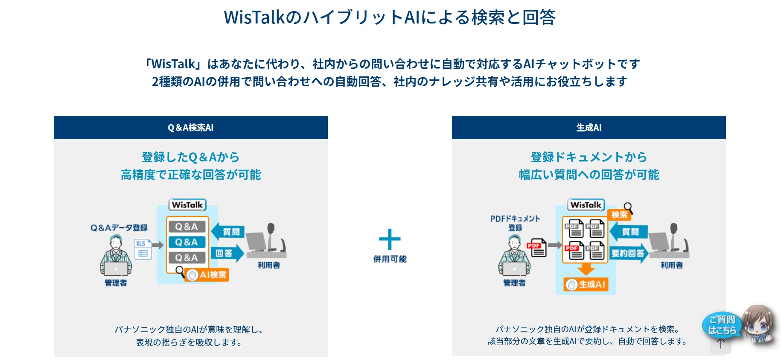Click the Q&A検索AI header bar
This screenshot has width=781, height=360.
coord(190,127)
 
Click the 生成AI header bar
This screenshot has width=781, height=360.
coord(589,127)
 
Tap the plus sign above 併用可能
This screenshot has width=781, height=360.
coord(390,239)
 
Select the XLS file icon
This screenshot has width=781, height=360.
coord(143,249)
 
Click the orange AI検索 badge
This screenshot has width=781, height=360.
coord(207,275)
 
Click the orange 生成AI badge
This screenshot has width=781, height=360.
coord(586,284)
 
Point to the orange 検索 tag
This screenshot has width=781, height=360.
coord(619,214)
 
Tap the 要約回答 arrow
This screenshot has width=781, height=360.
coord(629,253)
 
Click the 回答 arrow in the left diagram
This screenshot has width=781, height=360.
coord(227,253)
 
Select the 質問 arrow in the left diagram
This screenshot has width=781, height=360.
coord(228,231)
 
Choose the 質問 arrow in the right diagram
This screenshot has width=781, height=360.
coord(629,231)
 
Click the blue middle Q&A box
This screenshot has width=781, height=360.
coord(187,242)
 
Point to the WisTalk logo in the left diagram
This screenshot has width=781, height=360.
coord(187,205)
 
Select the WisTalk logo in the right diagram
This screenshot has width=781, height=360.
coord(586,205)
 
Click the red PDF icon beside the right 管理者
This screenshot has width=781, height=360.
coord(536,248)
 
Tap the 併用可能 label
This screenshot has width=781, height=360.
coord(390,259)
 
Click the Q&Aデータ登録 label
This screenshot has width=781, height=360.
coord(119,228)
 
